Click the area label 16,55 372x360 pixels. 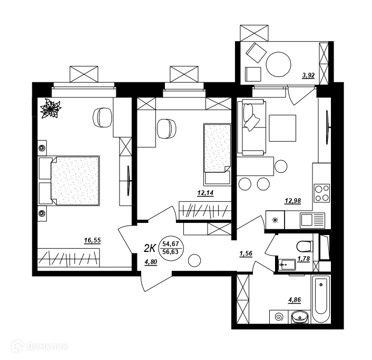tap(92, 241)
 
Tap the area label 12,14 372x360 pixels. tap(205, 193)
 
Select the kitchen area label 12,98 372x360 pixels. tap(292, 201)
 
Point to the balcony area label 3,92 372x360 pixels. tap(308, 76)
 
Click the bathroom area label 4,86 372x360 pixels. tap(295, 300)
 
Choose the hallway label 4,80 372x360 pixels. tap(151, 262)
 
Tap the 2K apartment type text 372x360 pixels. tap(150, 249)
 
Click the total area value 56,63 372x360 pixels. tap(170, 252)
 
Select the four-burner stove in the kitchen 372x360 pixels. tap(322, 193)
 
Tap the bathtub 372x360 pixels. tap(321, 299)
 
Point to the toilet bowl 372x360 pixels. tap(304, 246)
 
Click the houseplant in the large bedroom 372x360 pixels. tap(51, 108)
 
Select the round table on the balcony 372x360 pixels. tap(279, 64)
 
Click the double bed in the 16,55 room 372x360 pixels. tap(69, 181)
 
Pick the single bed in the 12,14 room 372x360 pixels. tap(217, 154)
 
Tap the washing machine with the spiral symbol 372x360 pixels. tap(279, 317)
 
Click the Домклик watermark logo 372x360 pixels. tap(41, 347)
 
